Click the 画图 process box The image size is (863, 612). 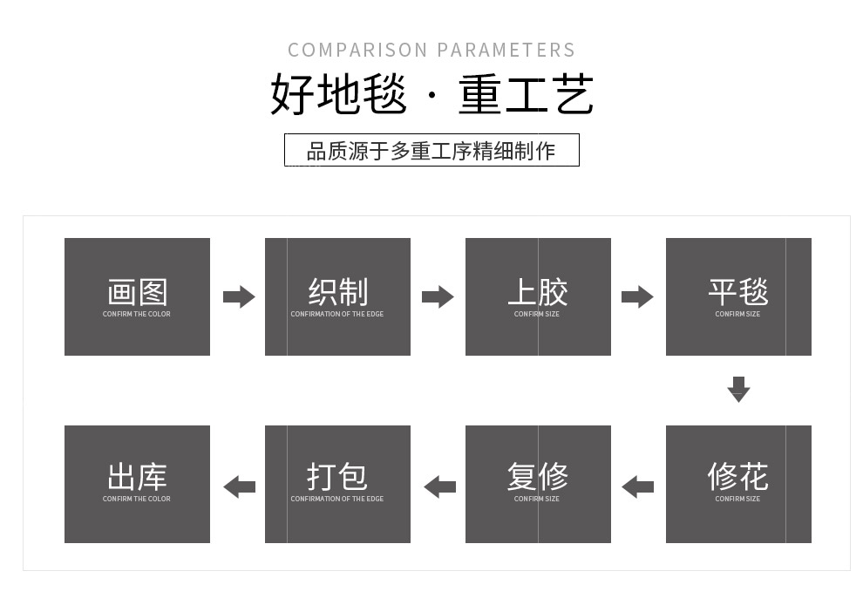pos(137,296)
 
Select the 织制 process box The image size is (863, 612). pos(337,296)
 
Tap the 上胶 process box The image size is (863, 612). pos(538,296)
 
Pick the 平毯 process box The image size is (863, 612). pos(738,296)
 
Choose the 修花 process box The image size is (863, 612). pos(738,484)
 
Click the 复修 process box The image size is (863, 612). pos(538,484)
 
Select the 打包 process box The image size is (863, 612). pos(337,484)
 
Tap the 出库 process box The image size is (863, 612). pos(137,484)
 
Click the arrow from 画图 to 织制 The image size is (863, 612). pos(239,297)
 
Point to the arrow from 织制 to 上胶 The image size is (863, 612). pos(438,297)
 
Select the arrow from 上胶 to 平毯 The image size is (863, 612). pos(637,297)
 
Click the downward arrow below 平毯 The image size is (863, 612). pos(738,390)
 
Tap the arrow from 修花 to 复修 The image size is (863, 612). pos(637,487)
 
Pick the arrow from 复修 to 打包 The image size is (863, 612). pos(439,487)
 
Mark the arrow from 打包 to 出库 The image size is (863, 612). pos(240,487)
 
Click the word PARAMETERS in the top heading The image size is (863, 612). pos(506,50)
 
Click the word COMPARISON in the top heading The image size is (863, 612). pos(357,50)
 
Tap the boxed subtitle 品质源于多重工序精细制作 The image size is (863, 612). pos(431,150)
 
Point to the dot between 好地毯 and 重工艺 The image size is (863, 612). pos(432,96)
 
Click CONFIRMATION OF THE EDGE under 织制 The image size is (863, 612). pos(337,314)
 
